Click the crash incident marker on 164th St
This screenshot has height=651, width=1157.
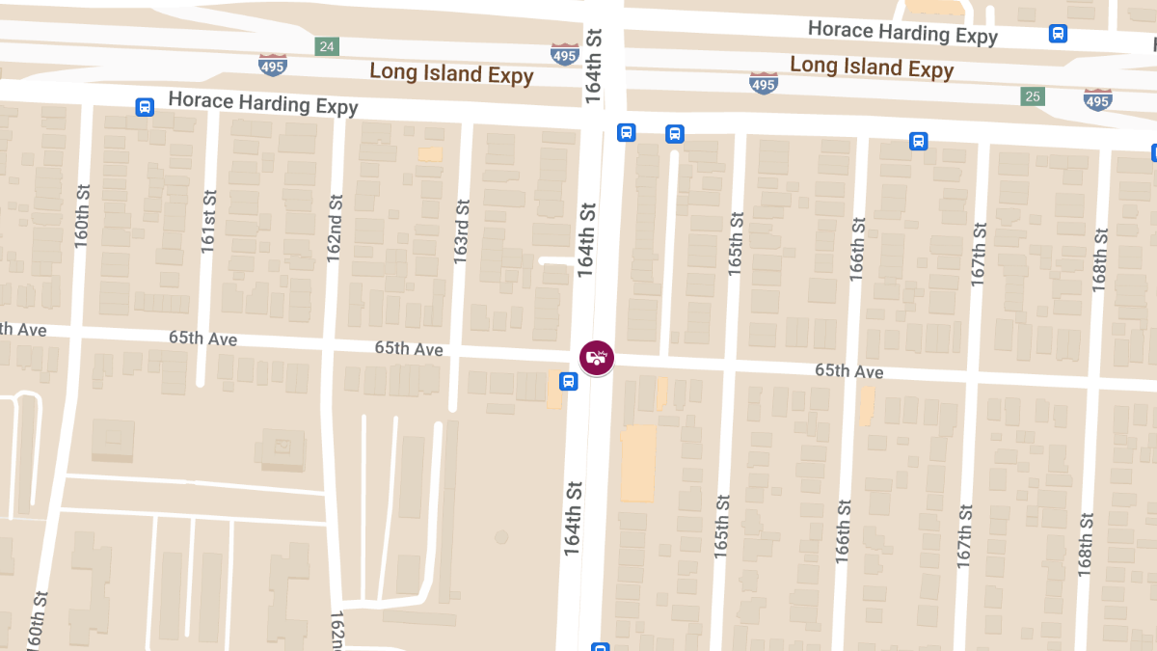[x=597, y=358]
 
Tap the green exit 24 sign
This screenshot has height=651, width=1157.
[x=327, y=46]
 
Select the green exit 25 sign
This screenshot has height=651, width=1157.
[x=1033, y=96]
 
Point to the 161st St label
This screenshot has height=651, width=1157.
[x=209, y=222]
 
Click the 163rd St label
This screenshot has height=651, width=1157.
[x=462, y=231]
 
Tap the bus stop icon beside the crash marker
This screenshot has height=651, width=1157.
[x=569, y=381]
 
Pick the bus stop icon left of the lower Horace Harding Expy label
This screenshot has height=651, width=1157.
[x=145, y=107]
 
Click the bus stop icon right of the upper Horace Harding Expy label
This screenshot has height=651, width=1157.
[x=1058, y=34]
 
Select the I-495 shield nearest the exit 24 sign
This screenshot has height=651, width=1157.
[x=273, y=64]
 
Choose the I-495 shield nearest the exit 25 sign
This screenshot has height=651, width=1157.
[x=1097, y=98]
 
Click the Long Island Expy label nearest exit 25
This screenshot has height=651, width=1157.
[x=872, y=67]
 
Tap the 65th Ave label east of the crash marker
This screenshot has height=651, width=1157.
[x=848, y=371]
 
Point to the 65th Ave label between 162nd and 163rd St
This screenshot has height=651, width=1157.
[x=409, y=348]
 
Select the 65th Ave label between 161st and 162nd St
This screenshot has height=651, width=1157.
[x=202, y=339]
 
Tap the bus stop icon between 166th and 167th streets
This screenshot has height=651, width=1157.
[x=918, y=142]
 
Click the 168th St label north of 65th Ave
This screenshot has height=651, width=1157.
[x=1100, y=260]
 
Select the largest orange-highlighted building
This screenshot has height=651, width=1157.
[x=637, y=463]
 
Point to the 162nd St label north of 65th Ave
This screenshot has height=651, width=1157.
[x=335, y=230]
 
